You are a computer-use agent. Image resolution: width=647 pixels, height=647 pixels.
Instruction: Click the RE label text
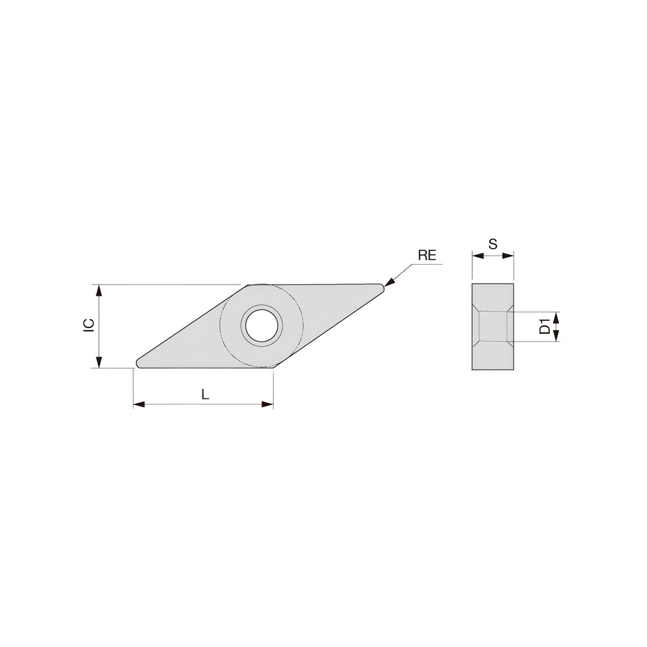point(427,255)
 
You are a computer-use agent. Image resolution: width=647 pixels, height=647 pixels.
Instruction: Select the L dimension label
point(205,394)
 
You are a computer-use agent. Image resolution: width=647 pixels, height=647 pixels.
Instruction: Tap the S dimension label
point(492,244)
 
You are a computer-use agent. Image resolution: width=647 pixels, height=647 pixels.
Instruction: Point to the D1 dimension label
point(545,326)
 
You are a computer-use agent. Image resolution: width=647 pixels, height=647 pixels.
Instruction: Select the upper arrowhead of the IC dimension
point(99,290)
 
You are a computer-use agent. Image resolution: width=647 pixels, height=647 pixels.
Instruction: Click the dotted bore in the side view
point(492,326)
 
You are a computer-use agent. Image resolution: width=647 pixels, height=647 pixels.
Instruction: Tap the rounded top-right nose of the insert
point(382,287)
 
